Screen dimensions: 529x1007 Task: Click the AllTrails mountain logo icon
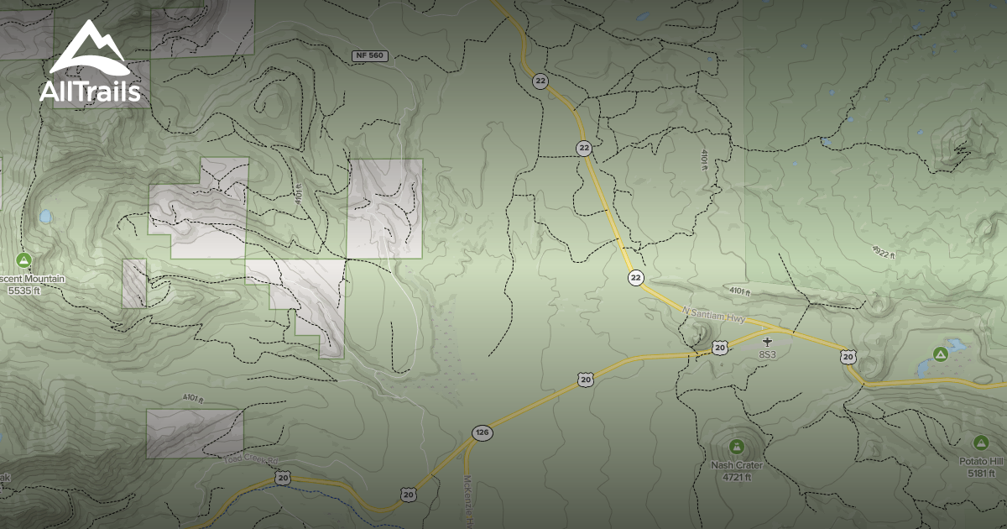(x=89, y=48)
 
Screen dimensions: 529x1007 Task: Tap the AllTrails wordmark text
(x=90, y=92)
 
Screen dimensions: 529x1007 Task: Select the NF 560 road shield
(x=368, y=55)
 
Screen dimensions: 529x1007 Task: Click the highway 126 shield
(x=482, y=433)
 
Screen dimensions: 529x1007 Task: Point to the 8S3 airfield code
(x=768, y=355)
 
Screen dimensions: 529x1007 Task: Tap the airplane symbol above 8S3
(x=767, y=342)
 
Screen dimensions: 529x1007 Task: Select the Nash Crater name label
(x=736, y=464)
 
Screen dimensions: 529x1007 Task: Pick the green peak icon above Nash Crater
(x=736, y=445)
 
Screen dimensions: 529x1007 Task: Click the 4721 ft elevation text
(x=736, y=477)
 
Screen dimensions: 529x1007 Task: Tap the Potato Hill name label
(x=981, y=461)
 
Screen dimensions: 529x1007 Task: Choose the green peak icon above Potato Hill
(x=980, y=442)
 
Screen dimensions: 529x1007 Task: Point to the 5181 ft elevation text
(x=981, y=474)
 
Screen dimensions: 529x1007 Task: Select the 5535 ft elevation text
(x=23, y=291)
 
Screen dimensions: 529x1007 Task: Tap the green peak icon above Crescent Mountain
(x=23, y=259)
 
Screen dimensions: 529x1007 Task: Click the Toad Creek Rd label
(x=249, y=459)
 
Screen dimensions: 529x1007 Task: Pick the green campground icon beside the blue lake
(x=940, y=355)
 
